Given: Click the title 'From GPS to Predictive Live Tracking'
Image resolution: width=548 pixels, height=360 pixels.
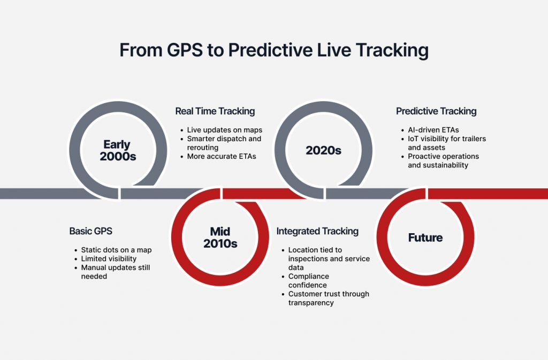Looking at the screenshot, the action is [x=274, y=50].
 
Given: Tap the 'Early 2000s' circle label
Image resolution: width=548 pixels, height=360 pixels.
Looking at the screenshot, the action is [x=117, y=150].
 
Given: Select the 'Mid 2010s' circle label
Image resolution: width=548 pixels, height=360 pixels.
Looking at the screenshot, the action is [x=220, y=238].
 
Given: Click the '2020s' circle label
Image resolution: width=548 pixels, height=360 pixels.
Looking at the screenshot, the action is [x=323, y=150].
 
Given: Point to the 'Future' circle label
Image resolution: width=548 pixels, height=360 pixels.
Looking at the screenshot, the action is [x=425, y=238].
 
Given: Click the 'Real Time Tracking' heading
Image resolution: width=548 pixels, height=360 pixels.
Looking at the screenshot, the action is [x=215, y=111].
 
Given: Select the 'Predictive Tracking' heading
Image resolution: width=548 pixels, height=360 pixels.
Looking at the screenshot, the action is [x=436, y=111].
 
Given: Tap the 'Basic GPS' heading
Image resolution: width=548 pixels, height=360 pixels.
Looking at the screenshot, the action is [x=91, y=231].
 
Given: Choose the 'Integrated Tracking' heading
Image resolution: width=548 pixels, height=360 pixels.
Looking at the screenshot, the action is [x=317, y=231].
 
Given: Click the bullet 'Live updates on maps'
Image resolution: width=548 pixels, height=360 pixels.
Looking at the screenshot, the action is [x=224, y=130].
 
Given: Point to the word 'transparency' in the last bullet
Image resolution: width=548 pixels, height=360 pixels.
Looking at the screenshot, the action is [x=311, y=303].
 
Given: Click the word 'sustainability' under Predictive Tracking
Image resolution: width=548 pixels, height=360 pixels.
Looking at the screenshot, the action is [x=438, y=165].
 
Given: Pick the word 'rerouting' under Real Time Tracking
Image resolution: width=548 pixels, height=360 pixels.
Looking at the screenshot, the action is [x=203, y=148].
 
